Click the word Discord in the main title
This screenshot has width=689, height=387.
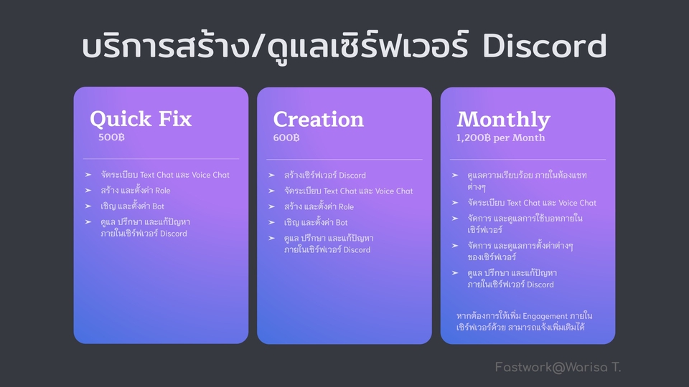coord(545,46)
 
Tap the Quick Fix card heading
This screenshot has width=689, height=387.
coord(141,120)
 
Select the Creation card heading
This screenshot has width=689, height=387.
coord(319,120)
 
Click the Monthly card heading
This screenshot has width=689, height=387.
coord(504,120)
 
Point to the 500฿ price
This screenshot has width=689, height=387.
coord(112,138)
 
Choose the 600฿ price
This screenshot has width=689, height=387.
coord(286,138)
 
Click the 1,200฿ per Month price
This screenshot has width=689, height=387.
coord(500,138)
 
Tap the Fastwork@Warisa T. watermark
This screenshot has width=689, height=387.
coord(558,367)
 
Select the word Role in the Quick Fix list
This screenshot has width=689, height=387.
coord(163,191)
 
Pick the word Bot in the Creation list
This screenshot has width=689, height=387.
coord(342,222)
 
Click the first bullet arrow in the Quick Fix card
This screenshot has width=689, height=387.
coord(88,175)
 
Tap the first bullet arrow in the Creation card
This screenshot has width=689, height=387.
coord(271,175)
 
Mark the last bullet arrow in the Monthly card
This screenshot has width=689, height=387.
coord(455,273)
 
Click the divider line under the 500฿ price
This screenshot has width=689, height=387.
coord(161,158)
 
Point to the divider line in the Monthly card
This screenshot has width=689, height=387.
coord(528,159)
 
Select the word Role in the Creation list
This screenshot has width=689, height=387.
coord(346,206)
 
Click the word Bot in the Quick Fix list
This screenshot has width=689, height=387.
coord(158,206)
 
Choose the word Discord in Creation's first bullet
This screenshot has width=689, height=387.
coord(352,176)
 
